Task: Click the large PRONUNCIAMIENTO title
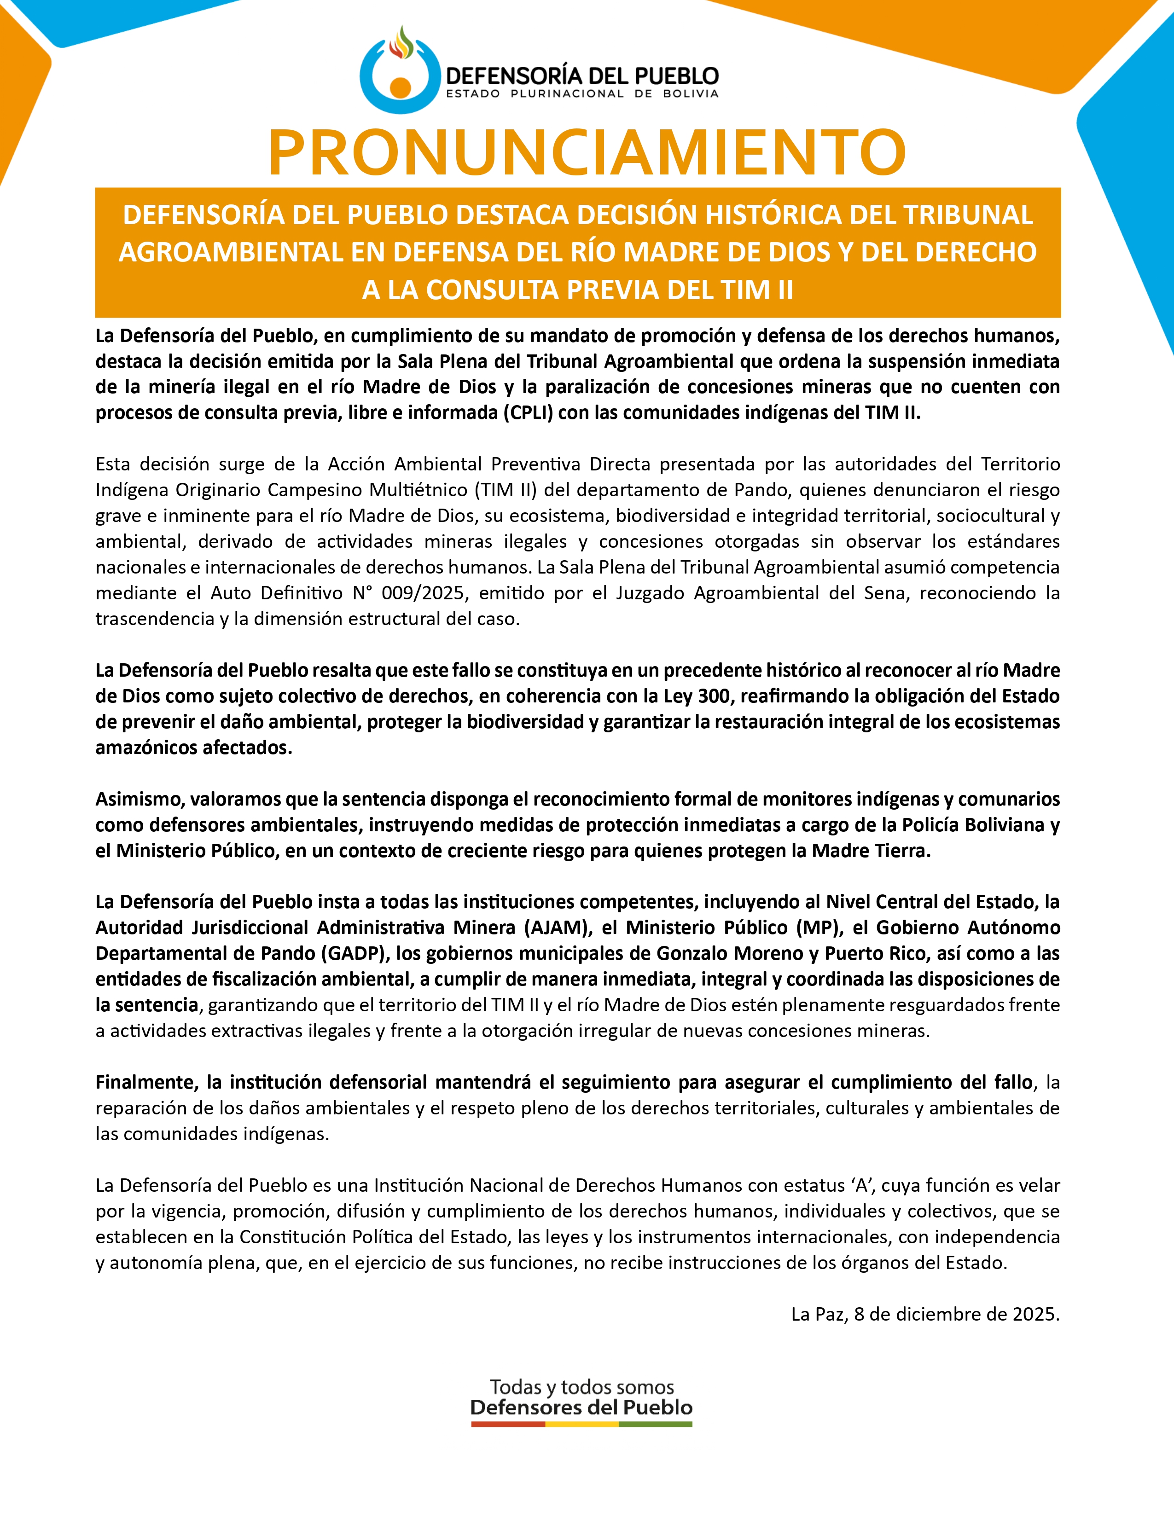587,151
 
